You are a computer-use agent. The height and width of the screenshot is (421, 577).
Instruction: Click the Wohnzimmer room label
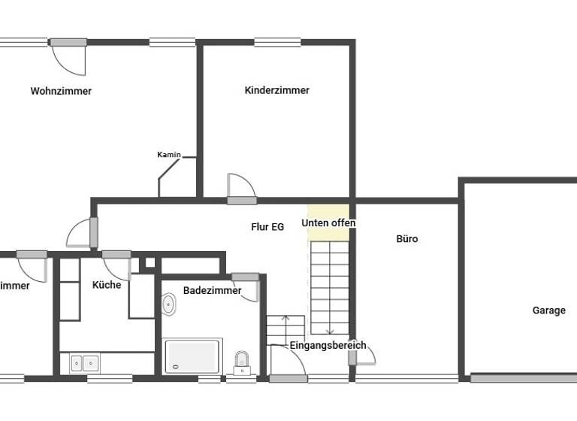[61, 92]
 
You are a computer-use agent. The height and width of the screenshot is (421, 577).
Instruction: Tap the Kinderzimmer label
[276, 90]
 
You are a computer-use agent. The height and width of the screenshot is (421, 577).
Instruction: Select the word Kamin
[168, 155]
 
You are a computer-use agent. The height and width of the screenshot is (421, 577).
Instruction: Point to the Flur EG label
[267, 226]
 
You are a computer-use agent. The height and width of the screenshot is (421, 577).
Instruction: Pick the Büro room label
[406, 239]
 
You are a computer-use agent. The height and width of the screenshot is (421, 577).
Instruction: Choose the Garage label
[548, 310]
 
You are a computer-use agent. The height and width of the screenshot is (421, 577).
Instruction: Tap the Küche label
[107, 285]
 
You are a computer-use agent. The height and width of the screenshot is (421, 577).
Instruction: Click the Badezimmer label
[212, 290]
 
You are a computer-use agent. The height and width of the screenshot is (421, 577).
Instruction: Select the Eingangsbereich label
[328, 346]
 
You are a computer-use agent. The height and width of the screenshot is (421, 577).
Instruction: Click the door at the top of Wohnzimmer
[69, 57]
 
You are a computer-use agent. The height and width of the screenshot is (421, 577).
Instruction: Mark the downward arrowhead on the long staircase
[329, 331]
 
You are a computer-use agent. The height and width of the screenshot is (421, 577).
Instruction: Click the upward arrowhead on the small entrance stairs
[285, 319]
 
